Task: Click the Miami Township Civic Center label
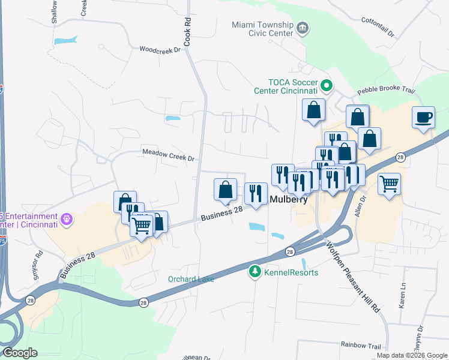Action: click(x=262, y=28)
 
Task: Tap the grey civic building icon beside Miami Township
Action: click(x=303, y=28)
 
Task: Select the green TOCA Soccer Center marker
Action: click(x=327, y=86)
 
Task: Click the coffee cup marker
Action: click(x=424, y=116)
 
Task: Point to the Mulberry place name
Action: click(x=289, y=200)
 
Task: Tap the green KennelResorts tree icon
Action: click(x=255, y=272)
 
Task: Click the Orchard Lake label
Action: click(x=191, y=278)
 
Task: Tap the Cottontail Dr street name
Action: click(x=378, y=28)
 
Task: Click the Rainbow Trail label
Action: click(x=361, y=346)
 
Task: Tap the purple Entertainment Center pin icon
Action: click(x=66, y=220)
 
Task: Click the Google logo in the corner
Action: click(x=19, y=353)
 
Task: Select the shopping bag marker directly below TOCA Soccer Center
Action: click(x=313, y=110)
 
